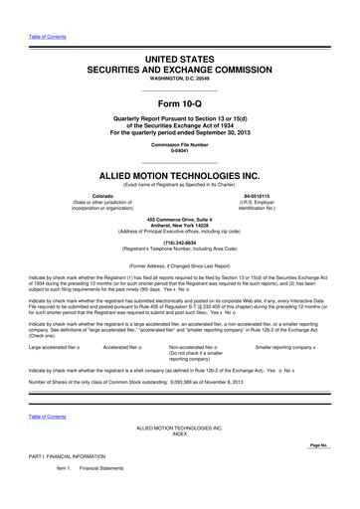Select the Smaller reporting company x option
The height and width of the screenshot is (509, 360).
tap(285, 347)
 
